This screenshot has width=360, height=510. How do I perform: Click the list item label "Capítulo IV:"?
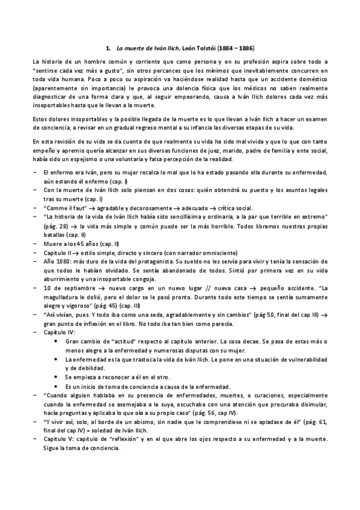(x=61, y=331)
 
